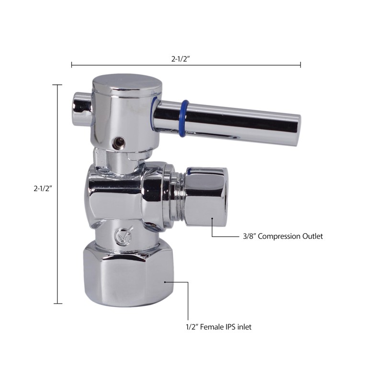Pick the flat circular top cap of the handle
[x=127, y=82]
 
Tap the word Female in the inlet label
[x=212, y=327]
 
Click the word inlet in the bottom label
[x=243, y=327]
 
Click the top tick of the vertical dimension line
[x=57, y=85]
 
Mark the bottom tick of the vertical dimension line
[x=57, y=303]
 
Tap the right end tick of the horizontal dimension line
[x=300, y=65]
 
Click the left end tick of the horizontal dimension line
[x=71, y=65]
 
